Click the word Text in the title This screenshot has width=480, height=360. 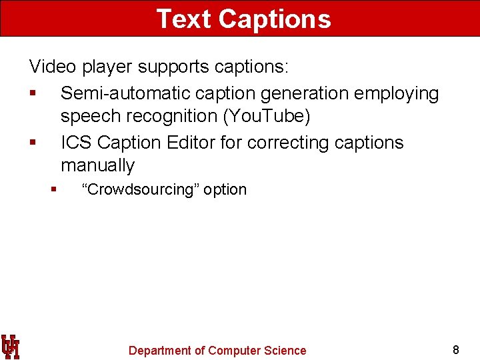(184, 19)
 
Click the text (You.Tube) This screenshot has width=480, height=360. (267, 116)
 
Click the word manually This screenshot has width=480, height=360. (97, 165)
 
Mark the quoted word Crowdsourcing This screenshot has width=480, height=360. (140, 189)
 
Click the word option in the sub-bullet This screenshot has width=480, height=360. (225, 189)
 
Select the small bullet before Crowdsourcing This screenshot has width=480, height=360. (53, 190)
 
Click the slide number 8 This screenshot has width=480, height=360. (456, 349)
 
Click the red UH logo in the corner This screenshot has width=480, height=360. (10, 347)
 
